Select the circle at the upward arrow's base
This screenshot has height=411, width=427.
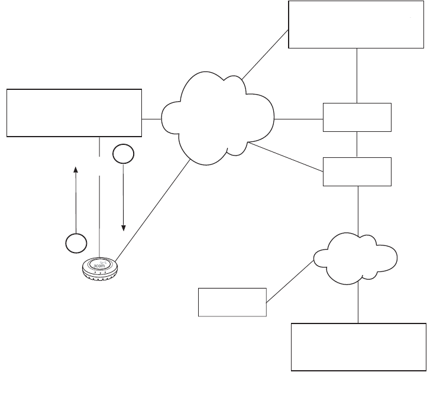[76, 242]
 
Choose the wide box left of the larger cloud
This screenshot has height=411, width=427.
[74, 112]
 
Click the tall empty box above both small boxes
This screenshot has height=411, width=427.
[357, 24]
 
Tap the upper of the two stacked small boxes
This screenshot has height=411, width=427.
[357, 116]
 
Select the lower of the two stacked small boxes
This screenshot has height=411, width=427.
[357, 171]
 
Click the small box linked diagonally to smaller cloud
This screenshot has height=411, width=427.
[232, 302]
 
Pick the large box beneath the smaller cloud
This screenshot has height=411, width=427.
[358, 347]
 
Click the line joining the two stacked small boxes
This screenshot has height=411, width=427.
[357, 144]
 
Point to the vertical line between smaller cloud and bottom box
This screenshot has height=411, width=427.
[358, 303]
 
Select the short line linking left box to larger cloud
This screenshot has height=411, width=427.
[152, 118]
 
